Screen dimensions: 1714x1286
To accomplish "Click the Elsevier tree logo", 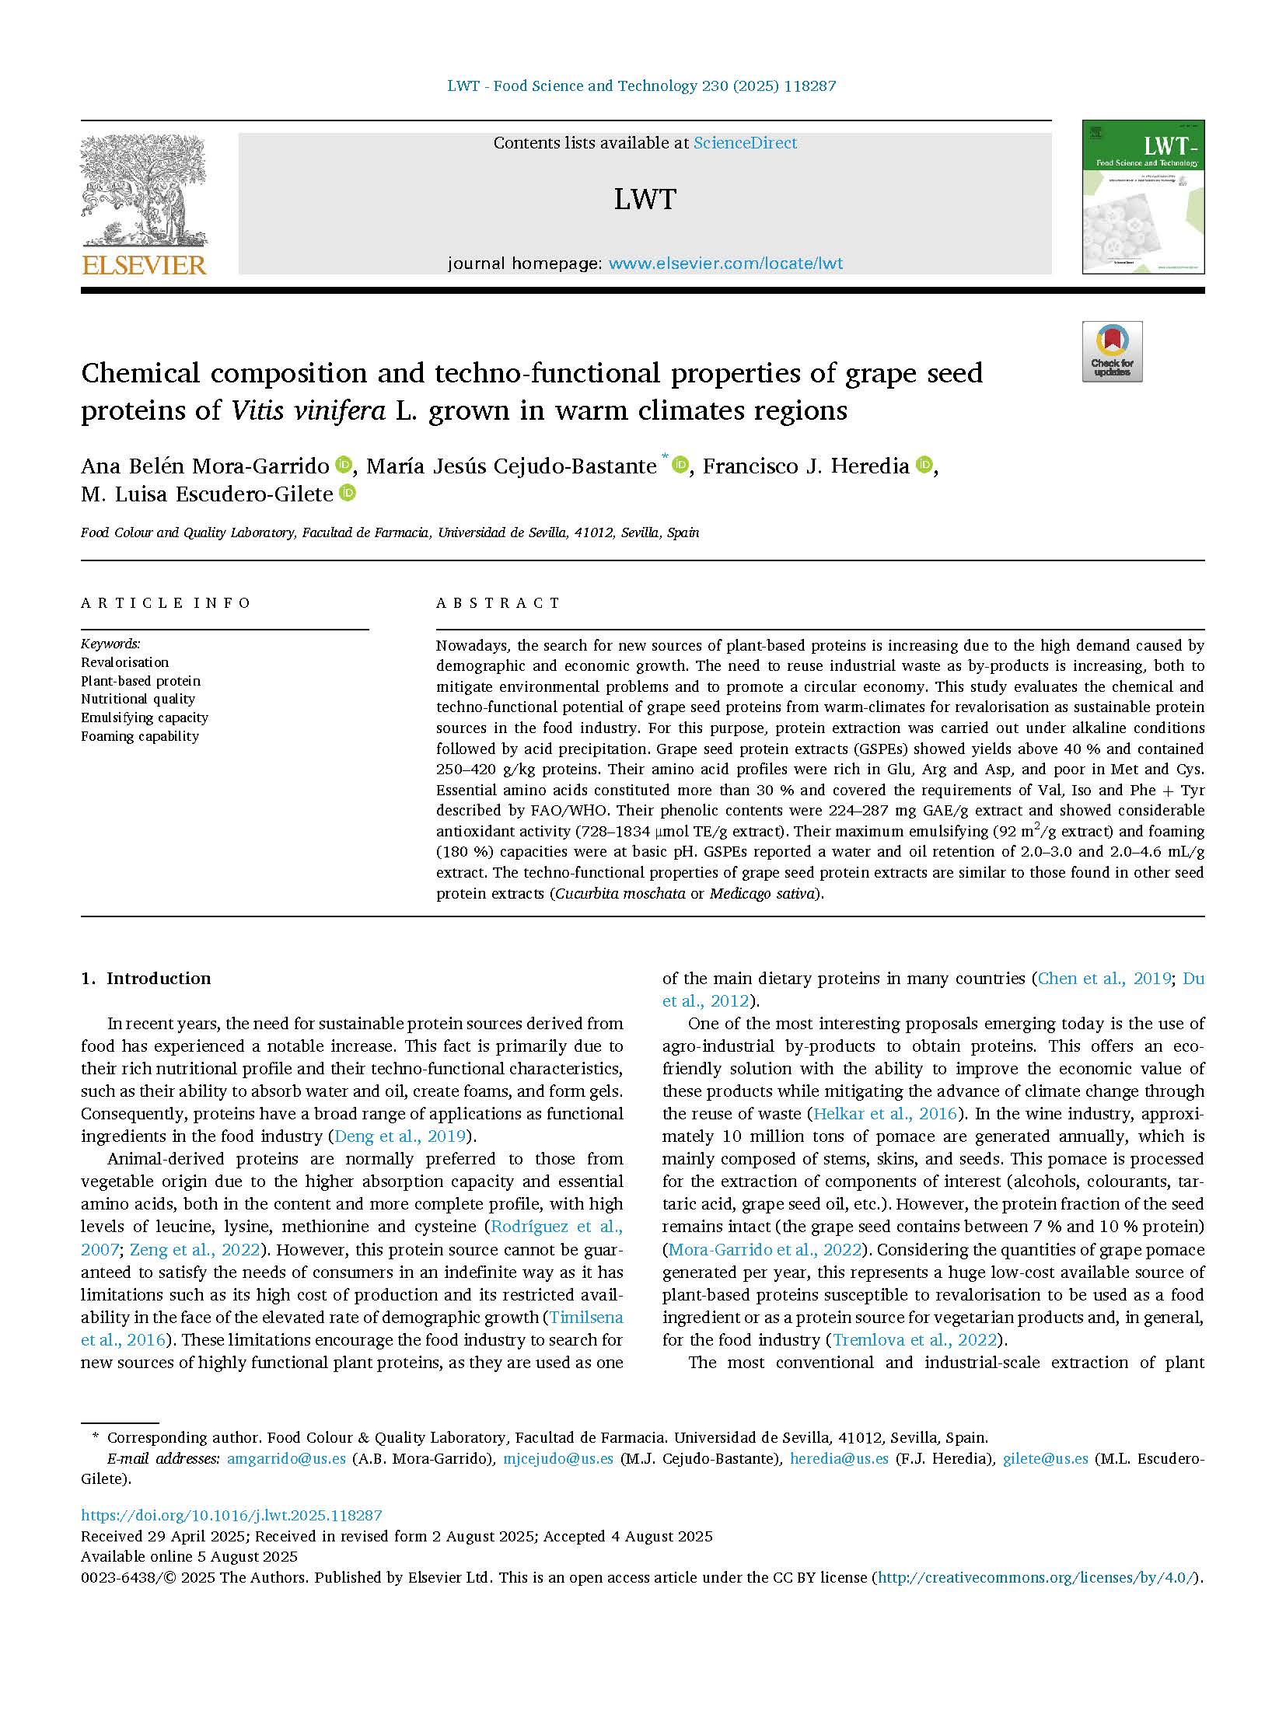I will [x=143, y=204].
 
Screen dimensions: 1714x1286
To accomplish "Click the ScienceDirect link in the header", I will [x=745, y=143].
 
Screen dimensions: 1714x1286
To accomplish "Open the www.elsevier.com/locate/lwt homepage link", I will [x=725, y=264].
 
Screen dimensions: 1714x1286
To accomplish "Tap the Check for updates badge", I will [x=1112, y=351].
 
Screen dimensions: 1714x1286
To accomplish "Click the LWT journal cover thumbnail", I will [x=1143, y=197].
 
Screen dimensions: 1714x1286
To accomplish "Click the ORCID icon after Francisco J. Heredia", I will [x=924, y=465].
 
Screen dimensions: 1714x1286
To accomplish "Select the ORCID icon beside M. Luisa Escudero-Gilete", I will [x=348, y=492].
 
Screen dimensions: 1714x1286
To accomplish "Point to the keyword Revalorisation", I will [x=124, y=662].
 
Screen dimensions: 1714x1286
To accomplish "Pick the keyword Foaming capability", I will [x=140, y=736].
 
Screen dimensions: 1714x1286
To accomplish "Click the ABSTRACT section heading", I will [x=498, y=603].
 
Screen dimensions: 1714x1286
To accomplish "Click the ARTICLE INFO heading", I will [x=166, y=603].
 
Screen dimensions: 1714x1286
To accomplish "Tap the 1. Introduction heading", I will [x=146, y=979].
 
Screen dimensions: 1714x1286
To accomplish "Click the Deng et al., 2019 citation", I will [x=400, y=1136].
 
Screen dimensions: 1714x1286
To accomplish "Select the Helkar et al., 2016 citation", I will [x=884, y=1114].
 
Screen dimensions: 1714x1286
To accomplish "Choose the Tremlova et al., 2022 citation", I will [x=914, y=1339].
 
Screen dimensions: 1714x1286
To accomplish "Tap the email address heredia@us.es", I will [x=839, y=1459].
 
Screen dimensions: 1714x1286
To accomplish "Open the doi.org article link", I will [x=232, y=1515].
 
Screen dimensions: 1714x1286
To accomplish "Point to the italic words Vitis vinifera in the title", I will [x=308, y=410].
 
